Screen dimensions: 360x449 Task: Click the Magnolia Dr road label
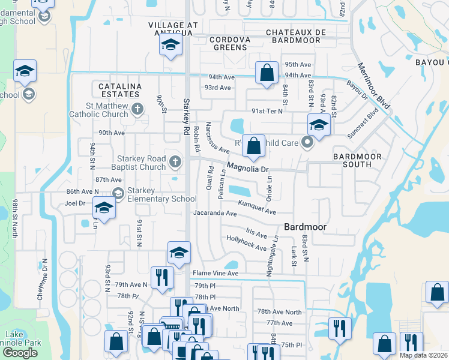click(x=248, y=169)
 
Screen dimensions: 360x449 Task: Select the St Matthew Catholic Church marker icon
click(x=138, y=109)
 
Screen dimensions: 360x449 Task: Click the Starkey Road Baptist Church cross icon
click(x=175, y=161)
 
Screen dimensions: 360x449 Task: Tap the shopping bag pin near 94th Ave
click(x=265, y=73)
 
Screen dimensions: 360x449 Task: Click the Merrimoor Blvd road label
click(x=373, y=86)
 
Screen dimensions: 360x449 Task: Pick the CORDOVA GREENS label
click(x=229, y=44)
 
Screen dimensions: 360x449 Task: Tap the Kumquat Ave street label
click(x=256, y=208)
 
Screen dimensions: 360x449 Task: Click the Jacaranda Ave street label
click(x=214, y=213)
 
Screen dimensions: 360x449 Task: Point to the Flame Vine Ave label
click(x=215, y=273)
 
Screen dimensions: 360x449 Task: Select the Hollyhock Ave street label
click(x=246, y=243)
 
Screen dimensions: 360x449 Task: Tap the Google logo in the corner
click(x=20, y=352)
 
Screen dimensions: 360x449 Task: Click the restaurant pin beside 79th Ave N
click(x=161, y=278)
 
